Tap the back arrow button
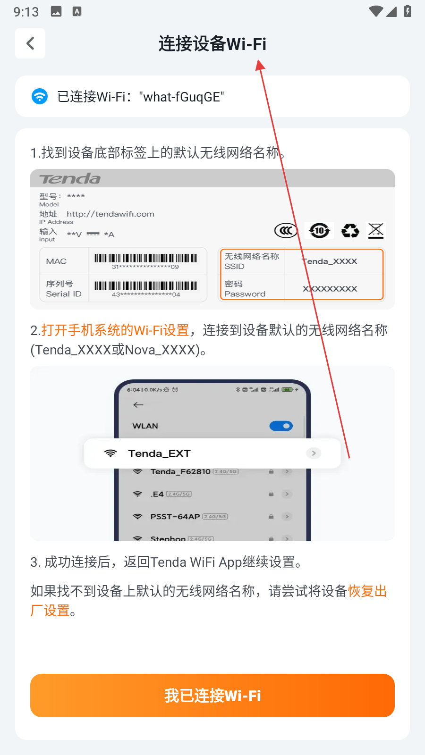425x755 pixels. click(30, 43)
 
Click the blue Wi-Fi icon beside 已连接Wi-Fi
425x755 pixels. click(40, 96)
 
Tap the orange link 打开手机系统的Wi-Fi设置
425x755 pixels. click(115, 330)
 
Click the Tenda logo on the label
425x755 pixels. click(70, 179)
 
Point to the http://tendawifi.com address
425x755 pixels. click(110, 214)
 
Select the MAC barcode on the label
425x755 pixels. click(146, 258)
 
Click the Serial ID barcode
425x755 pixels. click(146, 286)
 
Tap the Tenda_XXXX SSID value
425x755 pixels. click(330, 261)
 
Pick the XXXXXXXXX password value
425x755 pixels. click(330, 289)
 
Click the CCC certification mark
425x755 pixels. click(286, 231)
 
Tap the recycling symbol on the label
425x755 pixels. click(350, 231)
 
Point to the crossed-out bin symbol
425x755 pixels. click(376, 231)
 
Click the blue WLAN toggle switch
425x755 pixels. click(281, 426)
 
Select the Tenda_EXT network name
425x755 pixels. click(159, 453)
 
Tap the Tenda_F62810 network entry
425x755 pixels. click(180, 471)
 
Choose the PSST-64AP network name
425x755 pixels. click(175, 516)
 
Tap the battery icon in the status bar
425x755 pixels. click(408, 11)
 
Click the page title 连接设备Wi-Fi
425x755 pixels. click(212, 44)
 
